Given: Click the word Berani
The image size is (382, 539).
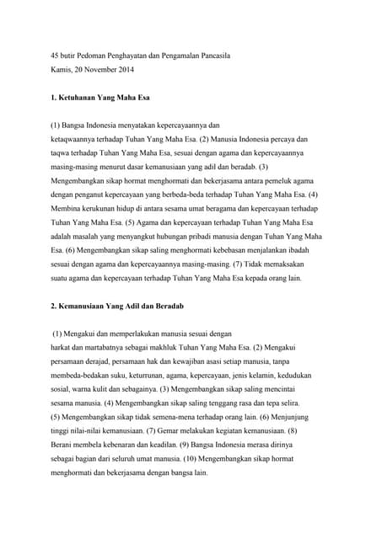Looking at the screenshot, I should [64, 446].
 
